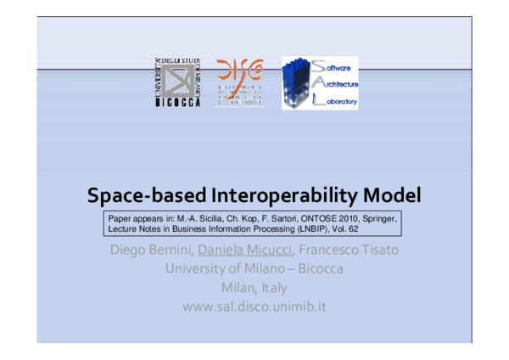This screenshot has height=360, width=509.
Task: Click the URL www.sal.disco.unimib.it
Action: tap(255, 306)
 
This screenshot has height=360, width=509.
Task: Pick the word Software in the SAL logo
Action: tap(335, 66)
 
